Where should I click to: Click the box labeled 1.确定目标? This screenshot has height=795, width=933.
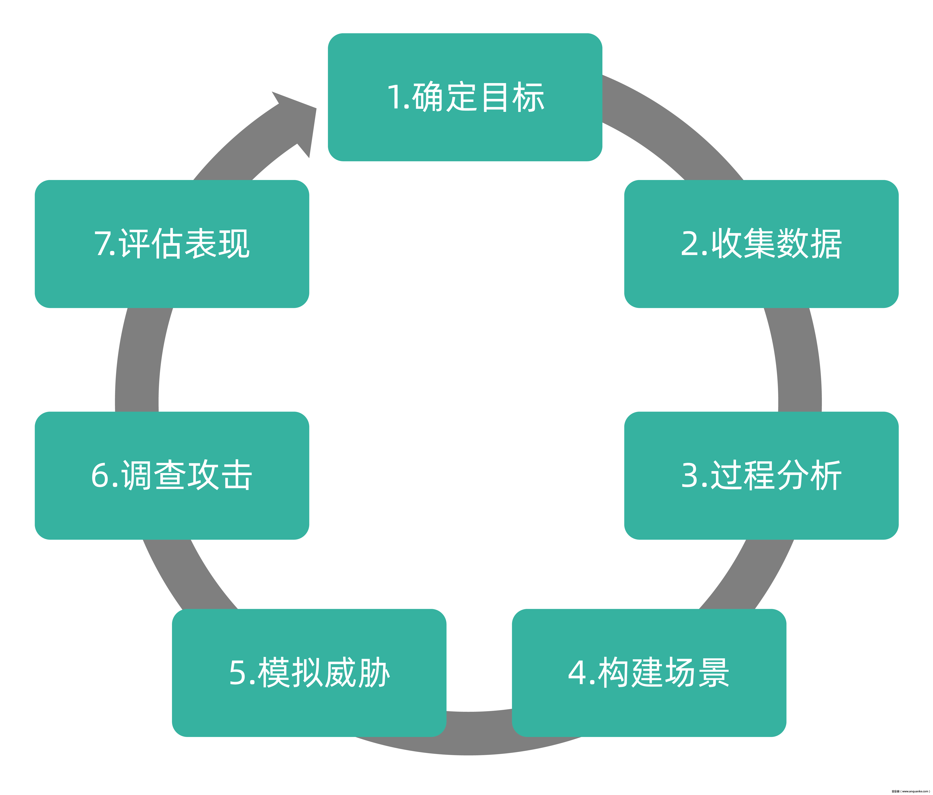[465, 97]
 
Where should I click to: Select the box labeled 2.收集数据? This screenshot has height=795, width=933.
[761, 244]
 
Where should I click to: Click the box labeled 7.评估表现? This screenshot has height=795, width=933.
[172, 244]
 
